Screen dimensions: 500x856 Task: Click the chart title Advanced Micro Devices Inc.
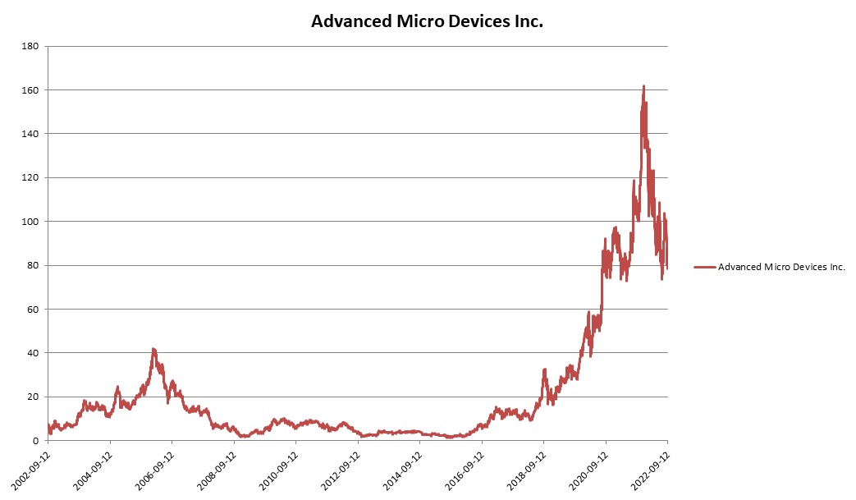tap(427, 21)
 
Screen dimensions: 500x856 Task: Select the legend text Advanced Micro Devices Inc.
tap(781, 267)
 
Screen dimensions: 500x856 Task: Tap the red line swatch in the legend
tap(704, 267)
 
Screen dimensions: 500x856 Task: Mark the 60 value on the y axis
tap(35, 310)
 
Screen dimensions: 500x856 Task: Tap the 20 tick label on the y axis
tap(35, 397)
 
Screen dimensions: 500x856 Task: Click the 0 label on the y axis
tap(38, 441)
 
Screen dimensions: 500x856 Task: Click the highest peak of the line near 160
tap(643, 86)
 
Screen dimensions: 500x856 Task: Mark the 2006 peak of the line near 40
tap(153, 349)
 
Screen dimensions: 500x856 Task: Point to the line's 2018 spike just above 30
tap(544, 370)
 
